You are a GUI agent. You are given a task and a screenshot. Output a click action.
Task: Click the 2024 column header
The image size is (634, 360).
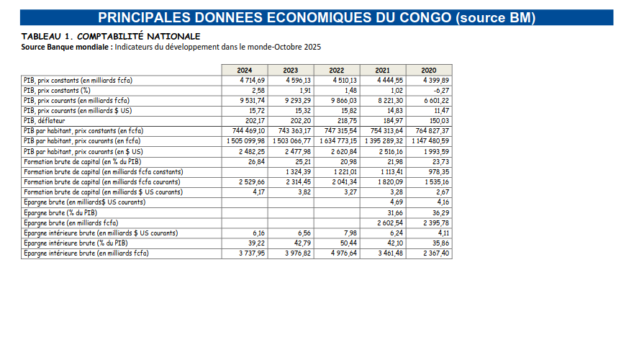coord(244,70)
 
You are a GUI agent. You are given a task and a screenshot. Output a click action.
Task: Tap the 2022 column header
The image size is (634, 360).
coord(336,70)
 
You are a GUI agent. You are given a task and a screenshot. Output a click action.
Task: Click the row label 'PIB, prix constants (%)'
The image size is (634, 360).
coord(57,91)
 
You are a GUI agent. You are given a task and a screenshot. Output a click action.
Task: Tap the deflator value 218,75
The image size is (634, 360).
coord(347,121)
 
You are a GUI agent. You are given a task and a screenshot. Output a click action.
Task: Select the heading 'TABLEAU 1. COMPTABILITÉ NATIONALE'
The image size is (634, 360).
coord(111,36)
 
